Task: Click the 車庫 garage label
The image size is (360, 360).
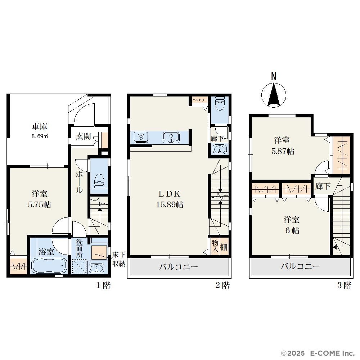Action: tap(40, 126)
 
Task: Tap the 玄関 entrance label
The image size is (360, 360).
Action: tap(84, 136)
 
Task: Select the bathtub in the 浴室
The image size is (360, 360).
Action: tap(49, 265)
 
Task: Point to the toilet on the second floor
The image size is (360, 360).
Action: tap(220, 103)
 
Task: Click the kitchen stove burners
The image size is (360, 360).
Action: tap(141, 137)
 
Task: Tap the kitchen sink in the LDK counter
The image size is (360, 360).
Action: tap(171, 138)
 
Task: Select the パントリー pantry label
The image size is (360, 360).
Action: tap(199, 100)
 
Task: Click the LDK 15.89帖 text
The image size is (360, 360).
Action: tap(170, 199)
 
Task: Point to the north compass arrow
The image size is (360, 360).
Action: tap(274, 95)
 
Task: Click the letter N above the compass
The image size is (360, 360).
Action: tap(274, 76)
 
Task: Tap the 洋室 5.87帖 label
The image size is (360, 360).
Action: tap(283, 145)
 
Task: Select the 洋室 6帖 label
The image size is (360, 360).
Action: tap(292, 225)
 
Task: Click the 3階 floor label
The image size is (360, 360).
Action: tap(344, 285)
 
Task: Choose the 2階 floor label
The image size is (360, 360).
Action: tap(222, 285)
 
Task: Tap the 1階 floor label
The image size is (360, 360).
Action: tap(103, 285)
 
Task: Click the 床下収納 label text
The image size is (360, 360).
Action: tap(119, 259)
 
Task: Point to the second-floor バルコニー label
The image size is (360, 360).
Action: tap(179, 267)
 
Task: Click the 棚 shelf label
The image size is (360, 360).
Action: tap(224, 247)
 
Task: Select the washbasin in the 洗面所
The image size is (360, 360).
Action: tap(96, 267)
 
